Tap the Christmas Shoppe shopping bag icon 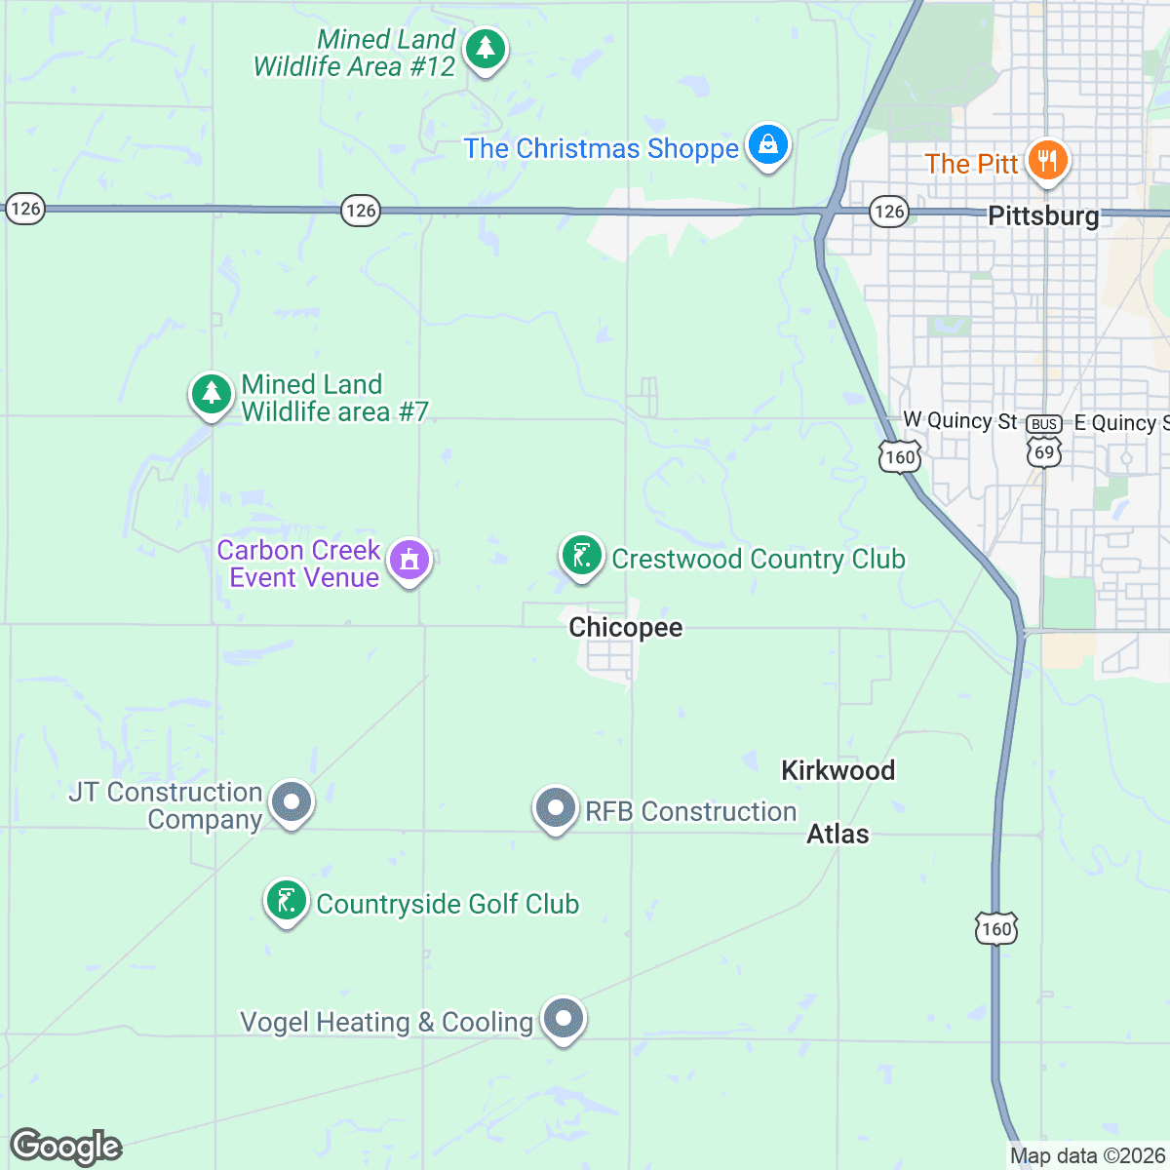[x=768, y=145]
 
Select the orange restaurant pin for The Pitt [x=1047, y=160]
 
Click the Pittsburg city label [x=1043, y=215]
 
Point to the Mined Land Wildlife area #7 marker [x=211, y=395]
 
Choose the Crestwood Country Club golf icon [x=581, y=556]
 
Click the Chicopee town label [x=626, y=627]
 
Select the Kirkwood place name [x=838, y=770]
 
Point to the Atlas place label [x=838, y=834]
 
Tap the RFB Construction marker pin [x=556, y=808]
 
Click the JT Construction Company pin [x=291, y=802]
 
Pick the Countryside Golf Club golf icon [x=287, y=901]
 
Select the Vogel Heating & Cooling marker [x=563, y=1019]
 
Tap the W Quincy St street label [x=960, y=420]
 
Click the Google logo [x=65, y=1147]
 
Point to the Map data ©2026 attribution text [x=1087, y=1156]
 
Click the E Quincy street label [x=1120, y=422]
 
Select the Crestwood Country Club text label [x=759, y=559]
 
